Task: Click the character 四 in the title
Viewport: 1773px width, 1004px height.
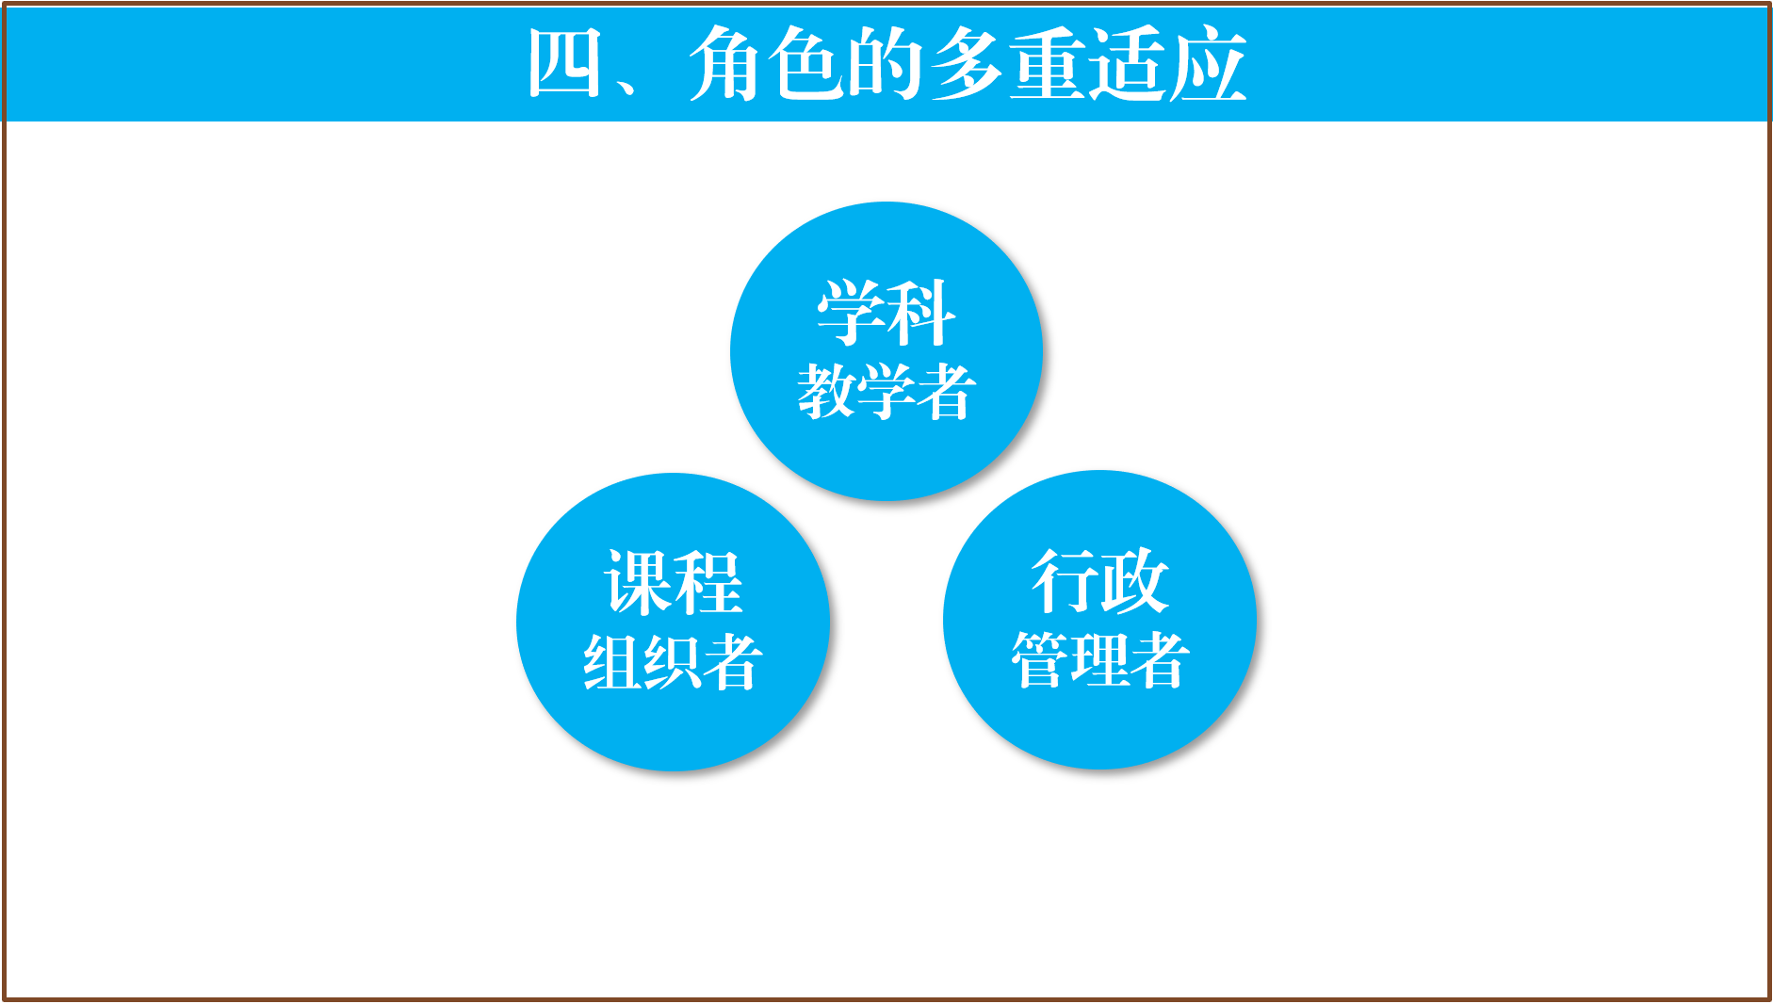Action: [565, 64]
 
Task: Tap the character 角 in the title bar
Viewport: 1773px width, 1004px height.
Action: [726, 64]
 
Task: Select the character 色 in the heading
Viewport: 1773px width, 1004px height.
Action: [806, 64]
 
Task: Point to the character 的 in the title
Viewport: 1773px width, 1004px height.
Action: [886, 64]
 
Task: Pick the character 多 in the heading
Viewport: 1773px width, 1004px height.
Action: [967, 64]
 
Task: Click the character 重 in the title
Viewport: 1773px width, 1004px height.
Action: [1048, 64]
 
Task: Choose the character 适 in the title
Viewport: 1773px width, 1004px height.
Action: [1128, 64]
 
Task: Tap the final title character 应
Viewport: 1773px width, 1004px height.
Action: [1209, 64]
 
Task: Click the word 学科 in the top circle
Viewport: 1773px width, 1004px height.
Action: [886, 314]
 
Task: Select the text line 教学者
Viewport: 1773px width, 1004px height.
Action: [886, 392]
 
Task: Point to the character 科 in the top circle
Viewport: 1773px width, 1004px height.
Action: [921, 314]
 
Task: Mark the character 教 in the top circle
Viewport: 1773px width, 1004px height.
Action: [827, 392]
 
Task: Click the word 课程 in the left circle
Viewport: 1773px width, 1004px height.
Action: [673, 583]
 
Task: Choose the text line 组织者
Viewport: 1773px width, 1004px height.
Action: [673, 662]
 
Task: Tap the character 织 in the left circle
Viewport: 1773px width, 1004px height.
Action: [673, 662]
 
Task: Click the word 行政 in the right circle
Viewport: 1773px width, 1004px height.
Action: [1100, 581]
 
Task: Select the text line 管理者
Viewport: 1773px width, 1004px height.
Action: [1100, 660]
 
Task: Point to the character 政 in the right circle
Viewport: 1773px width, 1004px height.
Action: [1135, 581]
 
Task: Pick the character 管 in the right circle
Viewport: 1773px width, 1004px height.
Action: [1040, 660]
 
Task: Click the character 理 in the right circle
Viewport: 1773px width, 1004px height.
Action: [1100, 660]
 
